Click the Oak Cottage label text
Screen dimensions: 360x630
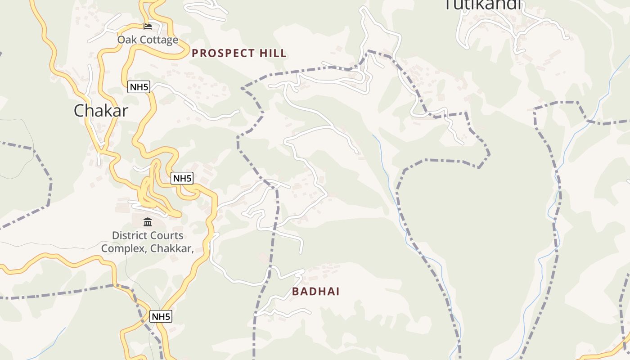[x=148, y=40]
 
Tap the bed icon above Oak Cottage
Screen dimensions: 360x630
[x=148, y=26]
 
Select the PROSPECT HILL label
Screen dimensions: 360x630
[x=239, y=53]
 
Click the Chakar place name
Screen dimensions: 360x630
[x=101, y=111]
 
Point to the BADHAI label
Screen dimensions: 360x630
[x=315, y=291]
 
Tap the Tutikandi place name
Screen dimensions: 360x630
[x=482, y=4]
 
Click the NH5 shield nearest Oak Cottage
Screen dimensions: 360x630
[x=139, y=87]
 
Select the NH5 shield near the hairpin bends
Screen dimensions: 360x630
[x=182, y=178]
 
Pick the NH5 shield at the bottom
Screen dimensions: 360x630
[x=161, y=316]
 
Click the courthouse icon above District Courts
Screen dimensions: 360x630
[x=148, y=222]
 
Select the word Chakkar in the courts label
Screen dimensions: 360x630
[x=170, y=248]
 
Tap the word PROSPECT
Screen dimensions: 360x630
[x=224, y=53]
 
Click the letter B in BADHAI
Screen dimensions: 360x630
[x=296, y=291]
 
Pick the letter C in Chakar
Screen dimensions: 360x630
[x=79, y=111]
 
